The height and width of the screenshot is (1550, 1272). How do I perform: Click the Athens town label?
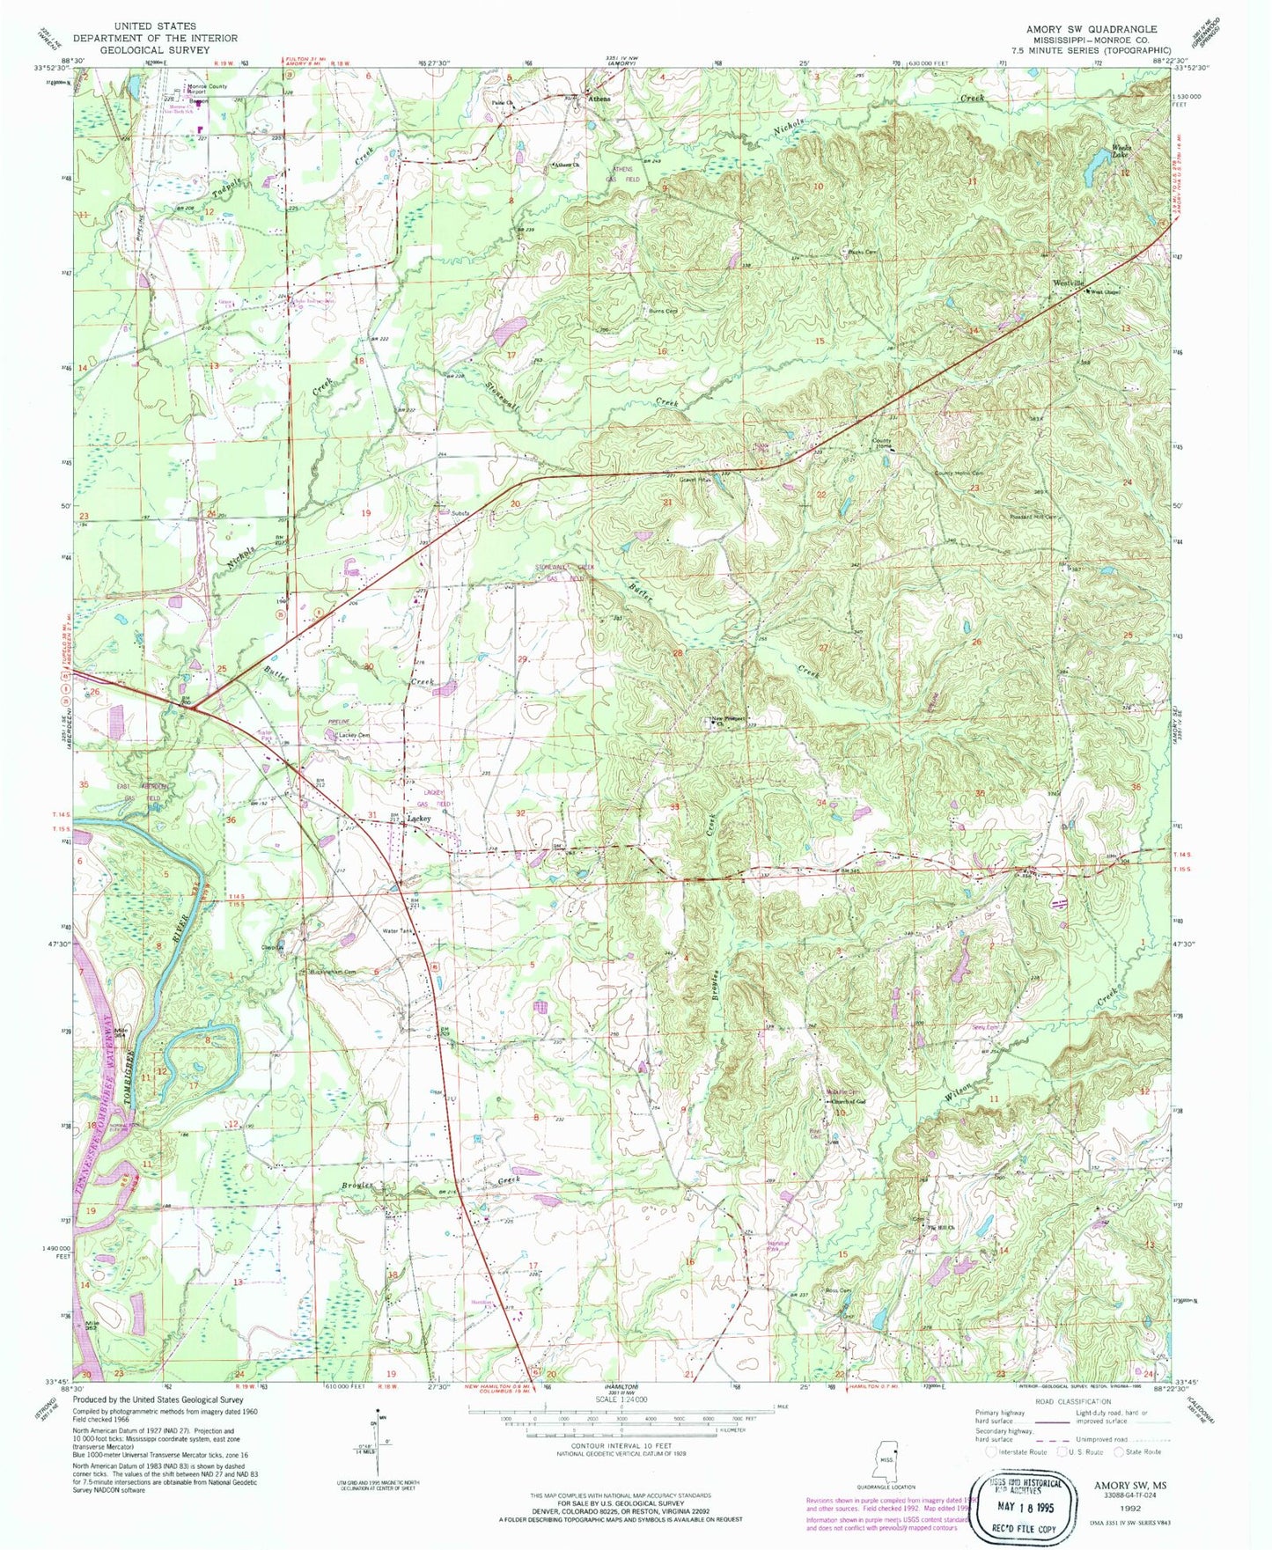[x=599, y=99]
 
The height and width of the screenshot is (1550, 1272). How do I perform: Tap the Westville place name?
[x=1068, y=283]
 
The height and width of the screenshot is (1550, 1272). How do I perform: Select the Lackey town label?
[x=419, y=818]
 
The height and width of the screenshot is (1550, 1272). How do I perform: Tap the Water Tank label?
[x=395, y=931]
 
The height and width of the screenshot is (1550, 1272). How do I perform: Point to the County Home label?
[x=881, y=443]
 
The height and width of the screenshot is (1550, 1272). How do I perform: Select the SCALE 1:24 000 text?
[x=621, y=1399]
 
